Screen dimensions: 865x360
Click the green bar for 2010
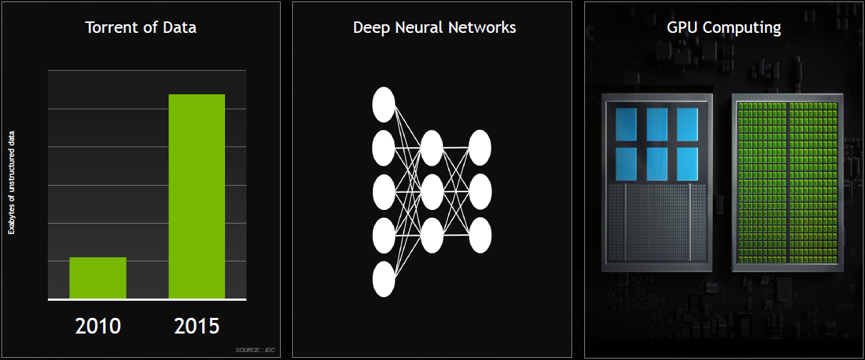click(98, 278)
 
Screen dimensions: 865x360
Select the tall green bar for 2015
click(196, 196)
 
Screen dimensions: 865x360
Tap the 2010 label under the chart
click(98, 326)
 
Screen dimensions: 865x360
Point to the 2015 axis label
click(196, 326)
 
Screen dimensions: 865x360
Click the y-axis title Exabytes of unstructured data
click(11, 184)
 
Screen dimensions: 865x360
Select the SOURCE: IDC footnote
click(254, 349)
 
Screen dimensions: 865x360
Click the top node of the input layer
click(384, 104)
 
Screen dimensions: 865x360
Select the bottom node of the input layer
click(384, 279)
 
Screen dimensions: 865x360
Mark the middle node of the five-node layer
click(384, 191)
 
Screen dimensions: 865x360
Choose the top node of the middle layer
click(431, 148)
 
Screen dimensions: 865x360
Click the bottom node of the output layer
click(480, 235)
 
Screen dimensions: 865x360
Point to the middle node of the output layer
click(480, 191)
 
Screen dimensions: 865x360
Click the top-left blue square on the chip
click(626, 124)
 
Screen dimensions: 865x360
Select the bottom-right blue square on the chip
click(687, 163)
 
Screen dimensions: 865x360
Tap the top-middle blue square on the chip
click(656, 124)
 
